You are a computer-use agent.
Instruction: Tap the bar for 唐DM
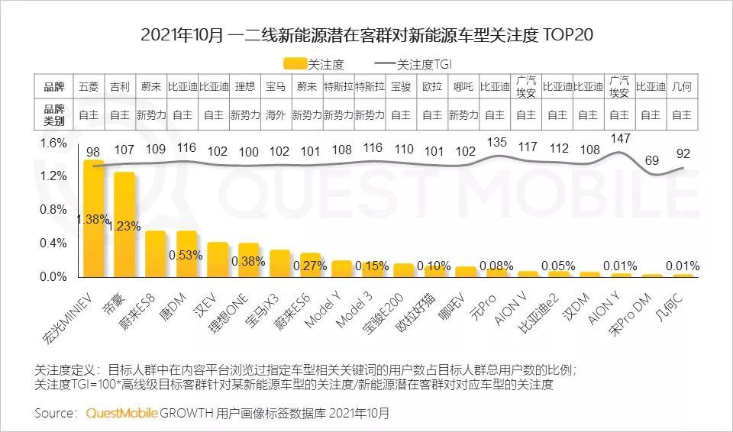(x=187, y=253)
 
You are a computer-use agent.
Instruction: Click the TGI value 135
(x=496, y=142)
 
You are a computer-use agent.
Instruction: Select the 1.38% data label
(x=92, y=219)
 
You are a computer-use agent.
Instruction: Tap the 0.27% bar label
(x=311, y=266)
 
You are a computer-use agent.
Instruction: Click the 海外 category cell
(x=276, y=115)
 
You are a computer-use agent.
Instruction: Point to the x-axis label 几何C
(x=672, y=306)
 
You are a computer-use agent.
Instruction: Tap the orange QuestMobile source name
(x=122, y=413)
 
